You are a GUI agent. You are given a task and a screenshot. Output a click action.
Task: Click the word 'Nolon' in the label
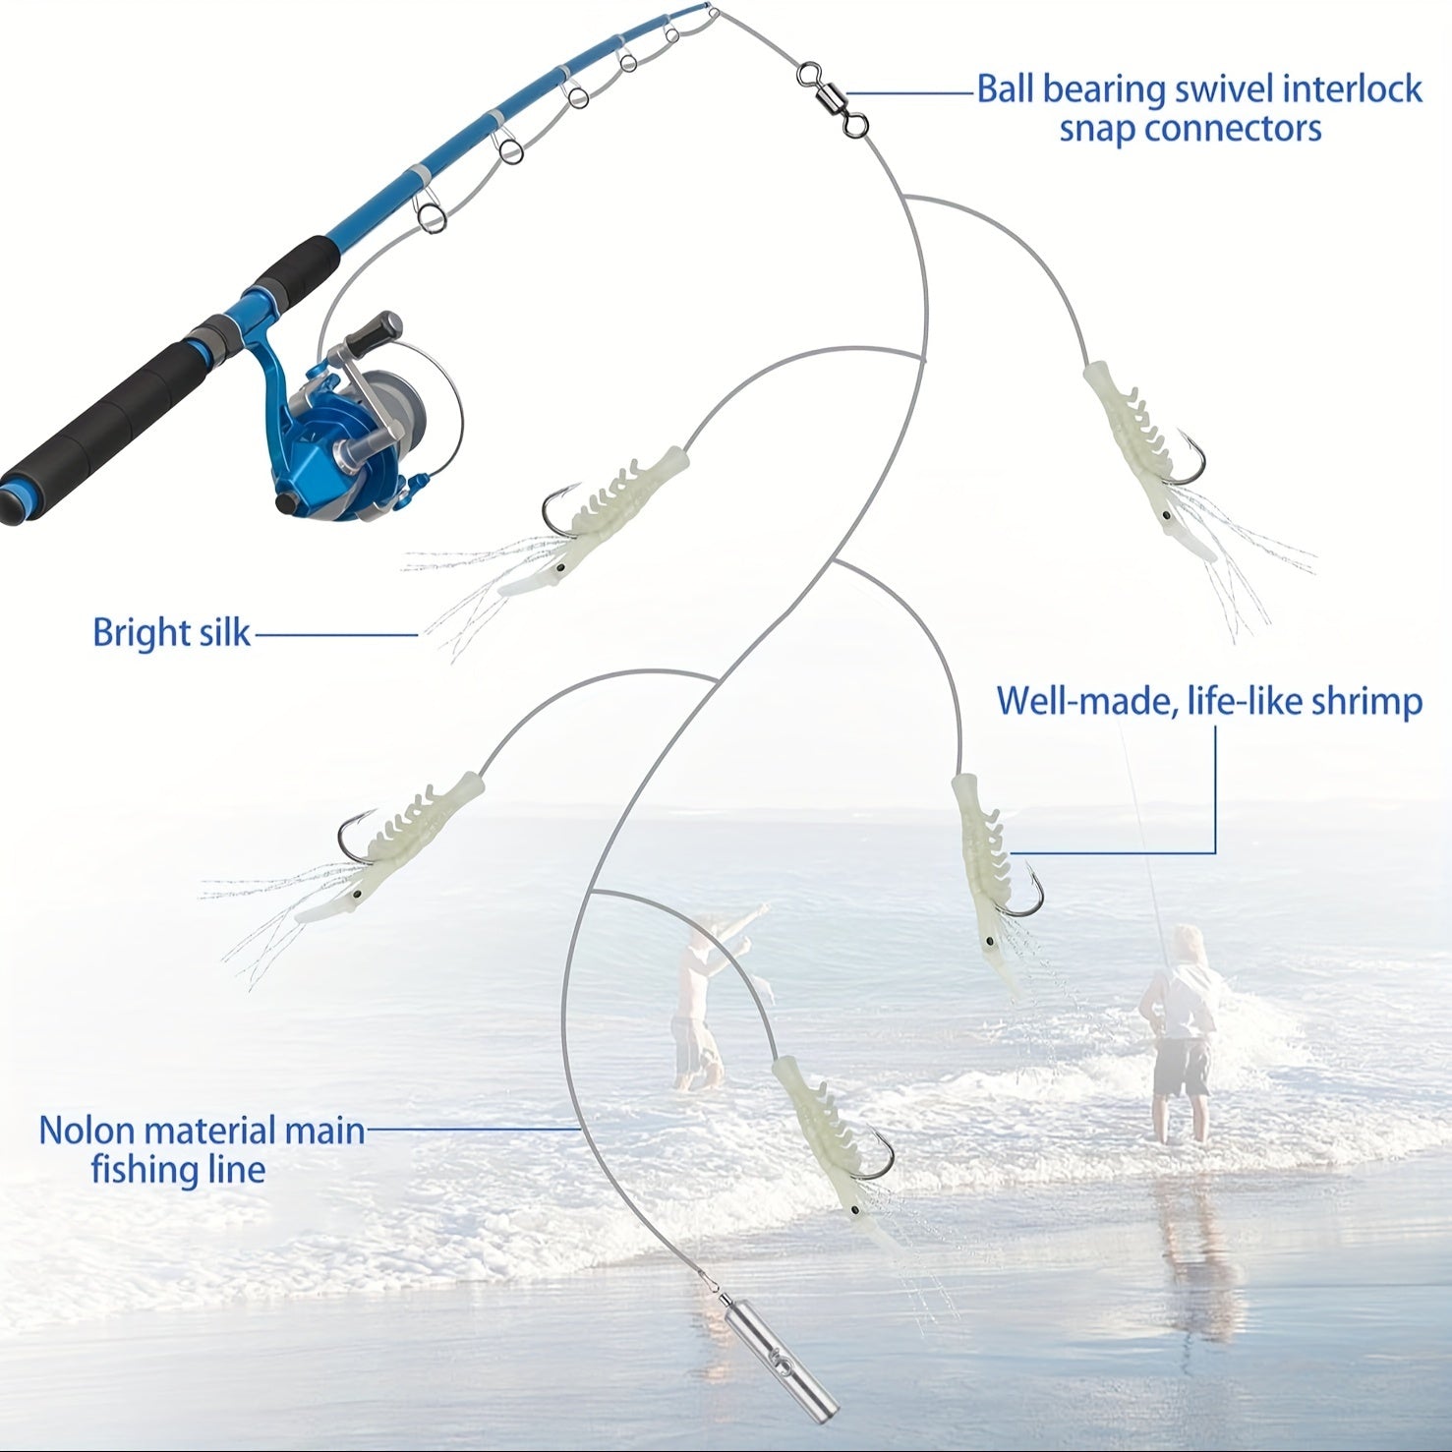pyautogui.click(x=87, y=1131)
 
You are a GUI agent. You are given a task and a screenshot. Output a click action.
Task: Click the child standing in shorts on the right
pyautogui.click(x=1180, y=1032)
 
